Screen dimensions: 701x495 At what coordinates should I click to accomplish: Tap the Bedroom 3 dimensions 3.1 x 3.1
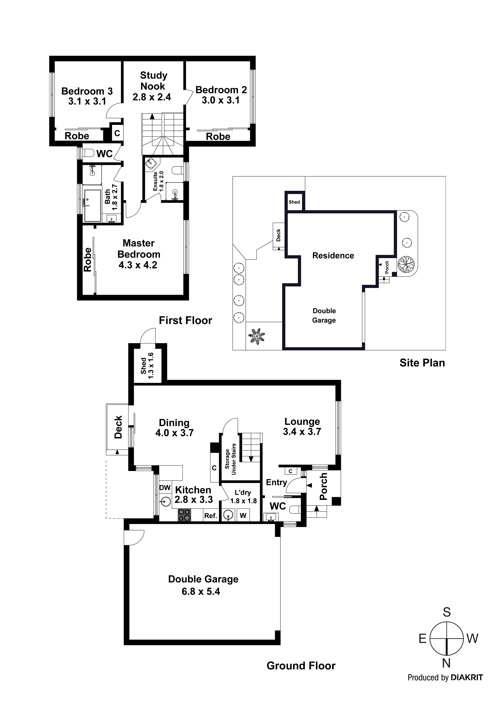coord(87,101)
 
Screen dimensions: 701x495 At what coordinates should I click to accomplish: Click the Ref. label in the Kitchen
coord(210,516)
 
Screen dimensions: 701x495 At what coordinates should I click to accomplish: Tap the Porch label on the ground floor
coord(323,486)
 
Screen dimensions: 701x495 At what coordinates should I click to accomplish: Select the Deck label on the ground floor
coord(118,427)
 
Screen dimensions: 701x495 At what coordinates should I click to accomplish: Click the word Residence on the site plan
coord(333,256)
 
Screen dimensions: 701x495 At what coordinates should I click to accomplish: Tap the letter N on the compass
coord(446,663)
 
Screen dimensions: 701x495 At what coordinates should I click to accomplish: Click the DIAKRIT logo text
coord(467,677)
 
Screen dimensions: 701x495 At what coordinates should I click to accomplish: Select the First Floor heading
coord(185,320)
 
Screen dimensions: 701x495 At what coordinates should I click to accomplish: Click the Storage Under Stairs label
coord(230,459)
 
